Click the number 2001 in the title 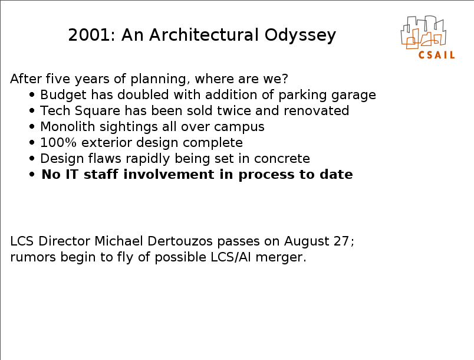click(x=89, y=35)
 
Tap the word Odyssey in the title click(x=300, y=35)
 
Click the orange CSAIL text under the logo click(x=436, y=55)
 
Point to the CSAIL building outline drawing click(x=423, y=32)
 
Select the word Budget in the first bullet click(x=64, y=95)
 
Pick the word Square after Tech click(x=98, y=111)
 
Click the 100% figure click(x=58, y=142)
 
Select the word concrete click(x=282, y=159)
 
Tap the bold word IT click(x=73, y=175)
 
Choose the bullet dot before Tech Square click(x=32, y=111)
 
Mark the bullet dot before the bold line click(x=32, y=175)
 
